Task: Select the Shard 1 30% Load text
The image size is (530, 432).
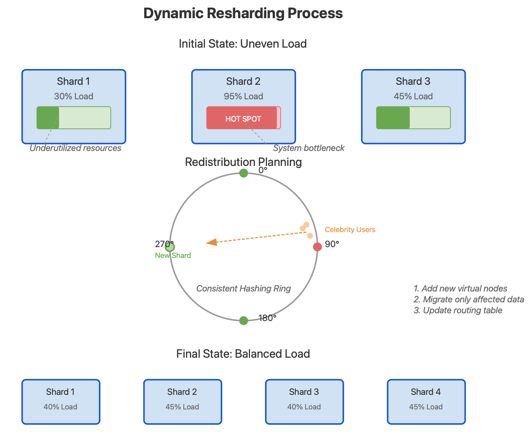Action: [74, 96]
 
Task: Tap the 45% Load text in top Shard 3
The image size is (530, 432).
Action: [413, 96]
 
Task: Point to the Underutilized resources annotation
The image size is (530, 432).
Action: [76, 148]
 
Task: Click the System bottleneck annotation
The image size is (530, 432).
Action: [309, 148]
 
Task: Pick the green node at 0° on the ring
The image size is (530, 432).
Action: [244, 173]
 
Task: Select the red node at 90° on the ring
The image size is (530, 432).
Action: [318, 247]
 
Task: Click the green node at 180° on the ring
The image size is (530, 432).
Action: [244, 321]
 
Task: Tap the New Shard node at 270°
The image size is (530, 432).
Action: [170, 247]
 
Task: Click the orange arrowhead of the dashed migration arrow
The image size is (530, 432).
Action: [211, 242]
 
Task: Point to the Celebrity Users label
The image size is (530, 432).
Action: [350, 230]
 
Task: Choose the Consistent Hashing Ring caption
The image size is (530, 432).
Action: [244, 289]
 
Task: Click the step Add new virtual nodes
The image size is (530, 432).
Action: [461, 289]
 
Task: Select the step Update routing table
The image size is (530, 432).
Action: [458, 310]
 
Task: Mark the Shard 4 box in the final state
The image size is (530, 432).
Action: [426, 402]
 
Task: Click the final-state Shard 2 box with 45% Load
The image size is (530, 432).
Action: [183, 402]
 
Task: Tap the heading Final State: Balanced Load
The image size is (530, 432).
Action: [243, 354]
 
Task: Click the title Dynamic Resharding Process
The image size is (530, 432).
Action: [243, 13]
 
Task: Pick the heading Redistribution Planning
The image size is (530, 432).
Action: [243, 162]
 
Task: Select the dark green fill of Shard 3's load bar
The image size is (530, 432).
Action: [393, 118]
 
